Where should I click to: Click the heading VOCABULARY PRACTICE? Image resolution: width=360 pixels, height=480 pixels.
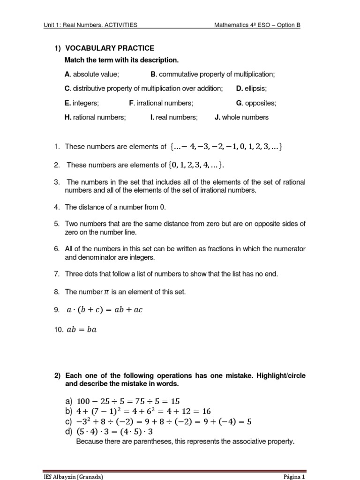point(110,48)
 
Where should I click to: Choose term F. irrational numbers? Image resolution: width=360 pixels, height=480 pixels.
point(161,103)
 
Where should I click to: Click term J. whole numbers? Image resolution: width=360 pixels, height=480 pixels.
point(241,117)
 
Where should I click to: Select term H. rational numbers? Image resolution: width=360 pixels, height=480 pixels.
point(95,117)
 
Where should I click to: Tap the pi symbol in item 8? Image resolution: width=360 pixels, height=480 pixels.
point(105,292)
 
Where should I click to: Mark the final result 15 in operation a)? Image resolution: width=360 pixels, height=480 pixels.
point(174,401)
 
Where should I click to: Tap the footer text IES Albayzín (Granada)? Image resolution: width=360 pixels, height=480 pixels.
point(73,476)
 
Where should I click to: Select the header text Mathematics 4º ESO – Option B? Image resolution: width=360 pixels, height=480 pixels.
point(257,25)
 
